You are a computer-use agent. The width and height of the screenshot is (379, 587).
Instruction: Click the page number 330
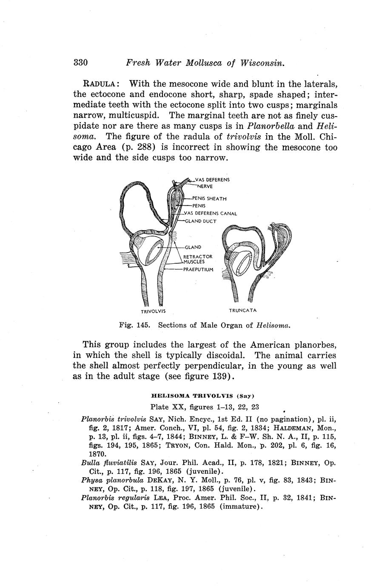point(80,63)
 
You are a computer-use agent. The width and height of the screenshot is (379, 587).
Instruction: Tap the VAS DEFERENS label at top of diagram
point(212,180)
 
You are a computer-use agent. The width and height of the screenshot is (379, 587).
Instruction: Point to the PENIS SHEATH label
point(209,199)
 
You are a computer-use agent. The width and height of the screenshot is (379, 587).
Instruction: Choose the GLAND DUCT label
point(201,221)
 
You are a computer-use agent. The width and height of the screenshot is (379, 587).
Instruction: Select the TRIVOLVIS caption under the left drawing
point(153,311)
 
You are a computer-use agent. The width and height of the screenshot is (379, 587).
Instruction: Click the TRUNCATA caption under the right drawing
point(242,310)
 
